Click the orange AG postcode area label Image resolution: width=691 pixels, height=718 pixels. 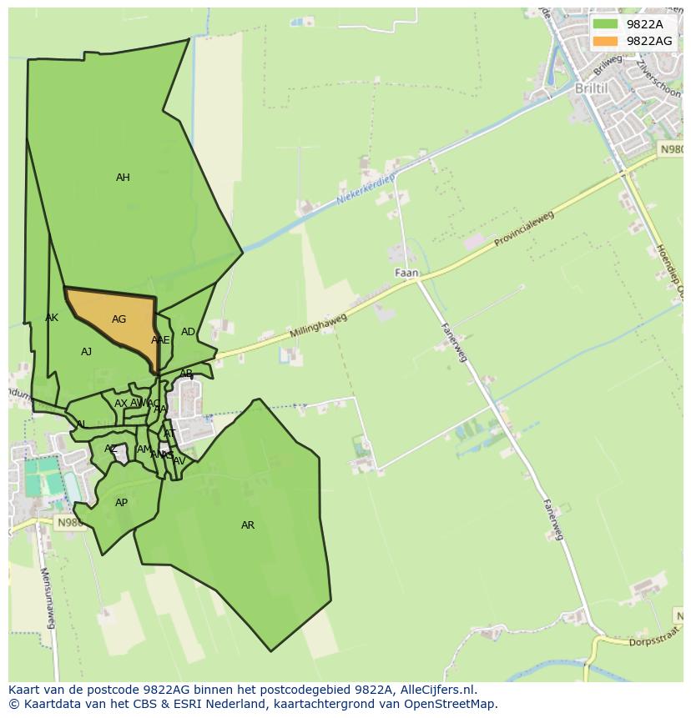pyautogui.click(x=119, y=319)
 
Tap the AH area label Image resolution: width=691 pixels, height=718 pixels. pyautogui.click(x=123, y=178)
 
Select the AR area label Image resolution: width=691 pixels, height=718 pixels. pyautogui.click(x=248, y=525)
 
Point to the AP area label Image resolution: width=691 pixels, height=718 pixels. pyautogui.click(x=121, y=503)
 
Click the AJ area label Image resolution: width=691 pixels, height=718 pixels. pyautogui.click(x=86, y=352)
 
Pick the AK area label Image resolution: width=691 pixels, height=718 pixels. pyautogui.click(x=52, y=318)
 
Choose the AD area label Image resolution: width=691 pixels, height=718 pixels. pyautogui.click(x=188, y=332)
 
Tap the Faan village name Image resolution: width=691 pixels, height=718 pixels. pyautogui.click(x=406, y=273)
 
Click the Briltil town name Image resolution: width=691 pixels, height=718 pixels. pyautogui.click(x=591, y=88)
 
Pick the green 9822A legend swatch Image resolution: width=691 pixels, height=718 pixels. pyautogui.click(x=605, y=24)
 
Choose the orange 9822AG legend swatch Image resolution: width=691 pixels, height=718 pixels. pyautogui.click(x=605, y=41)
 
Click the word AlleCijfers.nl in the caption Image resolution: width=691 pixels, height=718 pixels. pyautogui.click(x=436, y=690)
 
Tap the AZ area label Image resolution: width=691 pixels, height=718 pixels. pyautogui.click(x=110, y=449)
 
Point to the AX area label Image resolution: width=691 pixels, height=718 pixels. pyautogui.click(x=121, y=404)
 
